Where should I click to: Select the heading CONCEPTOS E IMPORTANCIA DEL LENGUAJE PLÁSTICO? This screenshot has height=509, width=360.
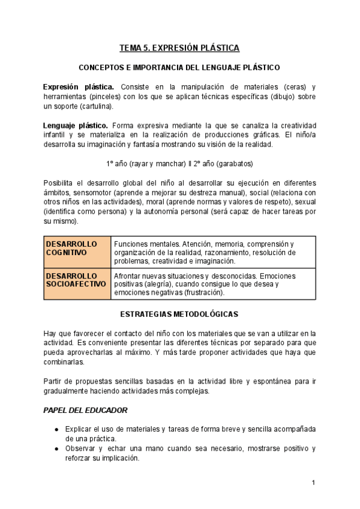click(179, 68)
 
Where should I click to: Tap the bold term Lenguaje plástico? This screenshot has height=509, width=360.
click(76, 125)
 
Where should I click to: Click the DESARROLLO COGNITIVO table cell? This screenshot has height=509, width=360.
click(78, 253)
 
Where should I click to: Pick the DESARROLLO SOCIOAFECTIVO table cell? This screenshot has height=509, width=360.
click(78, 284)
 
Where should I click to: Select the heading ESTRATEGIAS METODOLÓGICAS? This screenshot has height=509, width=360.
click(179, 314)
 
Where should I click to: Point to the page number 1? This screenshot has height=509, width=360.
click(313, 483)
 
